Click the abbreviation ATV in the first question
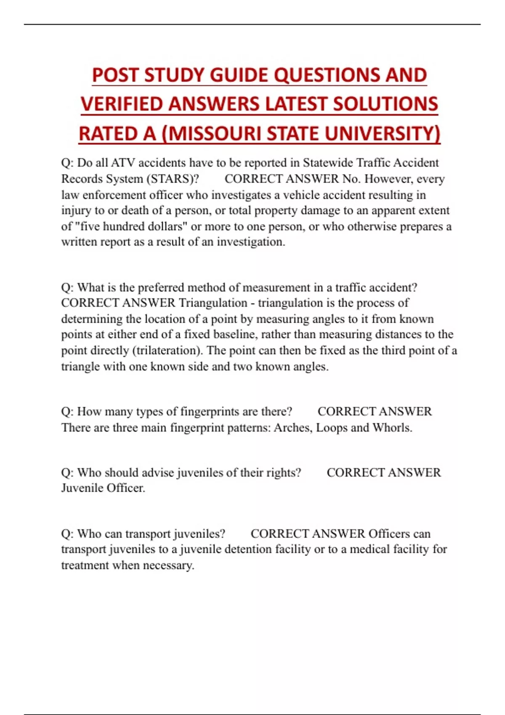click(x=123, y=163)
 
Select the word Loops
click(x=331, y=428)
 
